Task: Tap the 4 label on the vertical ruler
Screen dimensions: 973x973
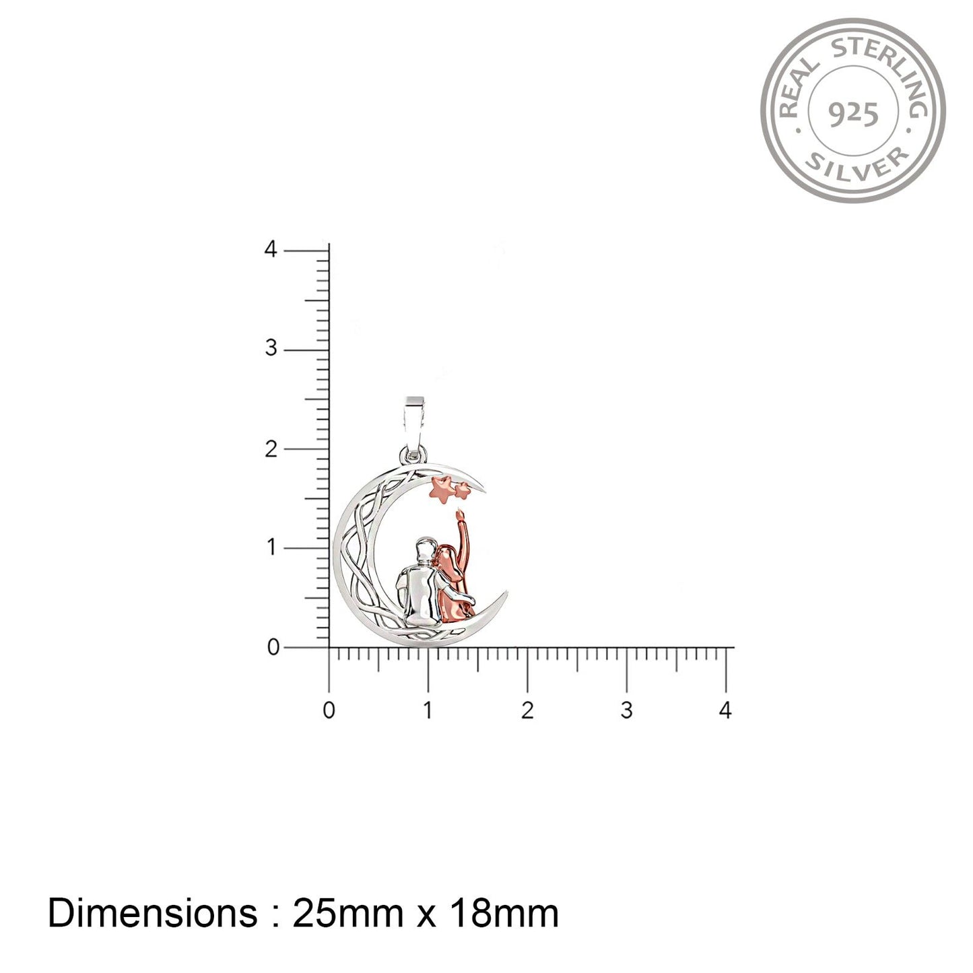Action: pos(271,249)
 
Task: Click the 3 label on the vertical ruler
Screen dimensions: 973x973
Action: pos(271,348)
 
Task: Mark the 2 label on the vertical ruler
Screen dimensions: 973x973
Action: pos(271,448)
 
